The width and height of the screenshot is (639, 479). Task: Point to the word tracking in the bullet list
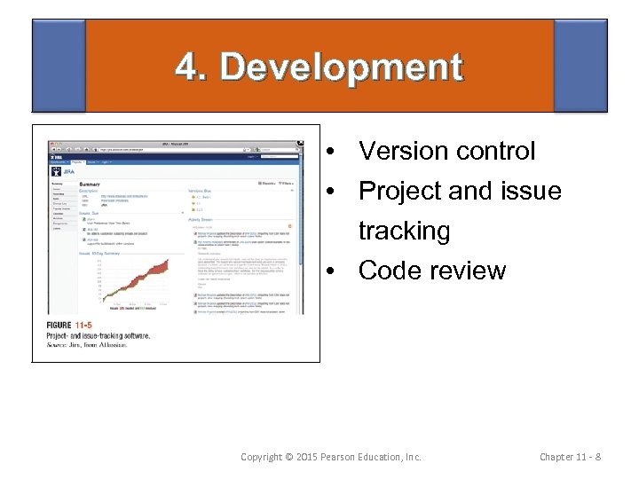click(x=404, y=231)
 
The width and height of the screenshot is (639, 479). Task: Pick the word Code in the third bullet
click(x=387, y=271)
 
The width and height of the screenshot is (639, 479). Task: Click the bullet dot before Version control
click(x=328, y=153)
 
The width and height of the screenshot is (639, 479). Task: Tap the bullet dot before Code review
click(x=328, y=271)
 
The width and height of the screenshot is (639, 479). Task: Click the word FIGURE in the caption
click(x=65, y=326)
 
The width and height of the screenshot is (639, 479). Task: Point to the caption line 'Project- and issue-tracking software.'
click(x=98, y=336)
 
